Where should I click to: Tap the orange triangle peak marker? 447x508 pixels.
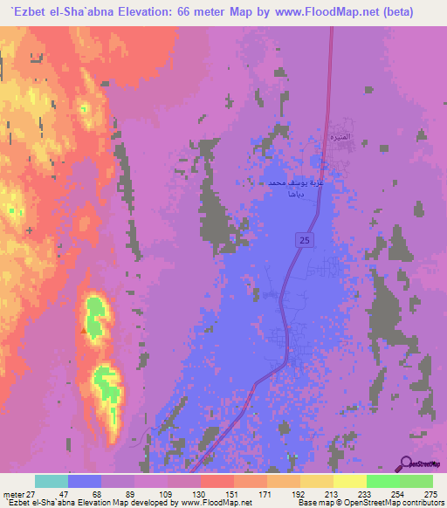pyautogui.click(x=84, y=331)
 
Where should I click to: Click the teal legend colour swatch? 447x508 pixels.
pyautogui.click(x=52, y=481)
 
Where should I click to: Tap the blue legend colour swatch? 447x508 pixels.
pyautogui.click(x=85, y=481)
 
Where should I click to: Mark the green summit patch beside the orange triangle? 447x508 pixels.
pyautogui.click(x=96, y=311)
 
